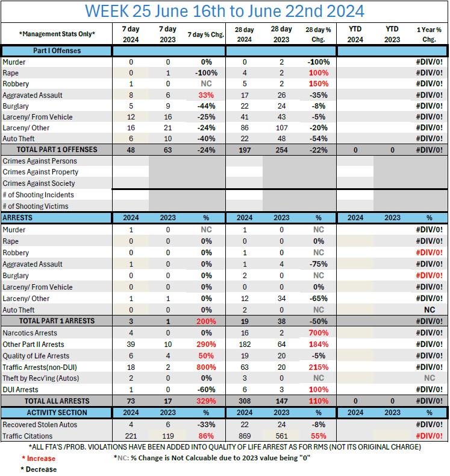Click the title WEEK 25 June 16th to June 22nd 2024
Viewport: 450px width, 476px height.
pos(224,11)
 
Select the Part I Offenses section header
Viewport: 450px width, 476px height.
pos(57,51)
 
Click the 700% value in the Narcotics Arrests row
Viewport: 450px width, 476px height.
pos(318,333)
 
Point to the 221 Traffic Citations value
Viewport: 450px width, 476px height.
pos(131,436)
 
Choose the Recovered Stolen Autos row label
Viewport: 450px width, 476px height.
pos(39,425)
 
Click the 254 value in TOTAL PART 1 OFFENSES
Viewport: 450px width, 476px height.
pos(281,150)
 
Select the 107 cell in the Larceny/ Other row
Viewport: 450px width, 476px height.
pos(281,128)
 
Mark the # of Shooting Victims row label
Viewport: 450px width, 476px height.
pos(36,206)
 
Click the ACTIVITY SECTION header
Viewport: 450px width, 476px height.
pos(57,413)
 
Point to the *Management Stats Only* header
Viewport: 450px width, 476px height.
pos(57,34)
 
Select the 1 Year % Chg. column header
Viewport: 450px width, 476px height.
pos(429,34)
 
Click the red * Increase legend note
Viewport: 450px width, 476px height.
pos(38,459)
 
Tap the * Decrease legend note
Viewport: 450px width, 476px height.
pos(38,469)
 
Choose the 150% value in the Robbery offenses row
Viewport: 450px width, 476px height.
pos(318,84)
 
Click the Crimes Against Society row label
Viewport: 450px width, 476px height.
pos(39,183)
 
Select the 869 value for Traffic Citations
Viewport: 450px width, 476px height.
pos(244,436)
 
